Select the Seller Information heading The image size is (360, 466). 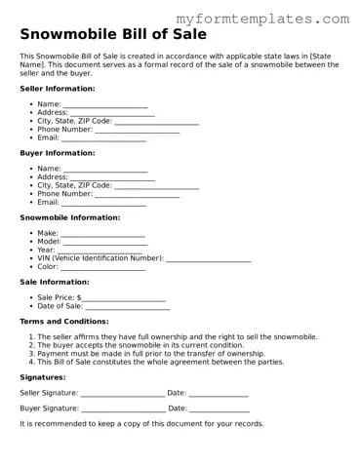point(58,88)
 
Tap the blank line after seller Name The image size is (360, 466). point(105,105)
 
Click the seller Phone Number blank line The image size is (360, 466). point(137,130)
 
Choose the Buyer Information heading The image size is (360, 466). point(58,153)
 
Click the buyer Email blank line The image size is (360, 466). point(104,203)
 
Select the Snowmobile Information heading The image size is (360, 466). point(70,217)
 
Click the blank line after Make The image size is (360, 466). point(103,234)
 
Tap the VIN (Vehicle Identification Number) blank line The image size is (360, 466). point(208,258)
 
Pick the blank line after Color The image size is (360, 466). point(102,266)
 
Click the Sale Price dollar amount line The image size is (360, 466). point(124,297)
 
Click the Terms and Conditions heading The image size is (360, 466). point(64,321)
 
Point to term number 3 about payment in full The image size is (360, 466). point(150,354)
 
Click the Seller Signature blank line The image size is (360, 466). point(123,394)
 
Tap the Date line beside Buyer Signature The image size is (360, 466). point(220,409)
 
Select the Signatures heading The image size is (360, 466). point(43,377)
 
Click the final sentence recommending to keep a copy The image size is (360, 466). point(141,424)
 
